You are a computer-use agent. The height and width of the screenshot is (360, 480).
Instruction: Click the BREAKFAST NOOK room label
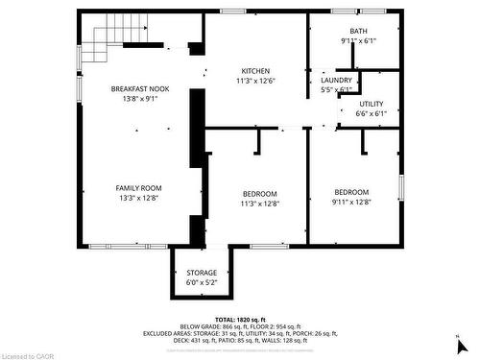pyautogui.click(x=140, y=89)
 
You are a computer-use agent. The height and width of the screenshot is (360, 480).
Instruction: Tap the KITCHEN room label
pyautogui.click(x=254, y=71)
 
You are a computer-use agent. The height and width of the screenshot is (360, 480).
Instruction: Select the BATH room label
pyautogui.click(x=358, y=32)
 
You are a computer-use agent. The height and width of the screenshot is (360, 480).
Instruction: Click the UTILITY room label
pyautogui.click(x=372, y=104)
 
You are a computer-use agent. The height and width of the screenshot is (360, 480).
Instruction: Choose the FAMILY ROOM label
pyautogui.click(x=140, y=188)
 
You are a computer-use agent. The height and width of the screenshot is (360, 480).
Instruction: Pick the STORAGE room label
pyautogui.click(x=202, y=273)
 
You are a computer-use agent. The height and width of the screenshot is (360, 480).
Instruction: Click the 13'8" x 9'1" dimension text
pyautogui.click(x=140, y=99)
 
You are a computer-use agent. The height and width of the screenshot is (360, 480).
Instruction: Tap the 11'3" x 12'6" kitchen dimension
pyautogui.click(x=254, y=81)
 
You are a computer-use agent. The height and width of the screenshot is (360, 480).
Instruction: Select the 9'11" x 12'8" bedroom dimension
pyautogui.click(x=350, y=202)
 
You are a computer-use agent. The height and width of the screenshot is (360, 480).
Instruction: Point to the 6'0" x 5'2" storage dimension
pyautogui.click(x=202, y=282)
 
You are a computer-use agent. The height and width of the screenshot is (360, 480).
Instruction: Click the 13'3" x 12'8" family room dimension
pyautogui.click(x=140, y=198)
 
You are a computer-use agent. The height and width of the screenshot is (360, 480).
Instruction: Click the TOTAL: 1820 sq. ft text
pyautogui.click(x=239, y=319)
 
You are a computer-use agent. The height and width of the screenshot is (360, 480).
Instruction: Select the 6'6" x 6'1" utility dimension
pyautogui.click(x=372, y=113)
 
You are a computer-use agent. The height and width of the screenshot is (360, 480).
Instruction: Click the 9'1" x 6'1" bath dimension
pyautogui.click(x=358, y=41)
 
